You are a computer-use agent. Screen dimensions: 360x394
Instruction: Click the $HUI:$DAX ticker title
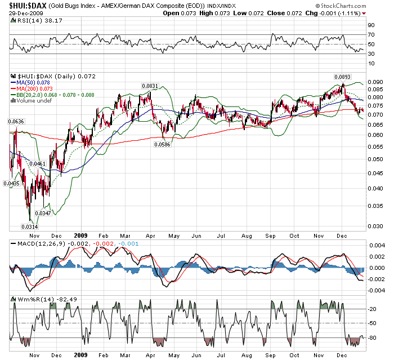tap(26, 6)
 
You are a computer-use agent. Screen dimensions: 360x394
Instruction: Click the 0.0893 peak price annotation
tap(342, 77)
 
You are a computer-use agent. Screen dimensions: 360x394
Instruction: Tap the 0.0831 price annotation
tap(149, 86)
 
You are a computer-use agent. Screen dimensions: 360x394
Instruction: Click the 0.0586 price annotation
tap(163, 144)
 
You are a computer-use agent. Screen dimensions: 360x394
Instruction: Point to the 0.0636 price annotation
tap(16, 122)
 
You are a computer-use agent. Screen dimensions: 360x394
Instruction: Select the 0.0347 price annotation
tap(43, 213)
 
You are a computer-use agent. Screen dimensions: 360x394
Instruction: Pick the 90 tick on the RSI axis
tap(371, 25)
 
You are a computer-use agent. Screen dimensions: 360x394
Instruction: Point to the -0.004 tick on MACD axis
tap(375, 290)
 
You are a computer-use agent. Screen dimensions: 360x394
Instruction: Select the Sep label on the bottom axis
tap(271, 355)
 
